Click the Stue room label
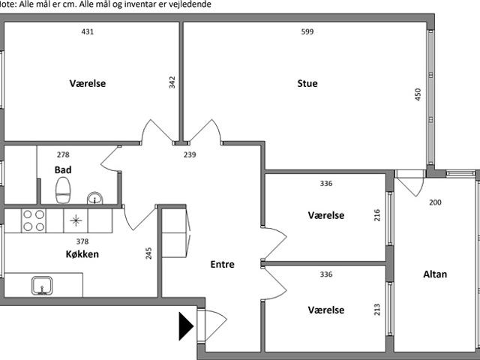307,83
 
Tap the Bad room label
63,170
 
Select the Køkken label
82,254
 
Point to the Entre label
223,264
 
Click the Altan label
435,274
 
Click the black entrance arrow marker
186,326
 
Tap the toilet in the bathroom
63,190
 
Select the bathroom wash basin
95,198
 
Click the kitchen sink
42,285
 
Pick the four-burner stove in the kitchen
33,220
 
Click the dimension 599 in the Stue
307,31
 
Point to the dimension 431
88,31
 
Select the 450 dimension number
418,94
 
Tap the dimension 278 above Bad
63,154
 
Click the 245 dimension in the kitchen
148,253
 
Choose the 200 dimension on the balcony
435,202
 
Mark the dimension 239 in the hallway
190,154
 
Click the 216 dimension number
377,215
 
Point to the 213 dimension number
377,310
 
